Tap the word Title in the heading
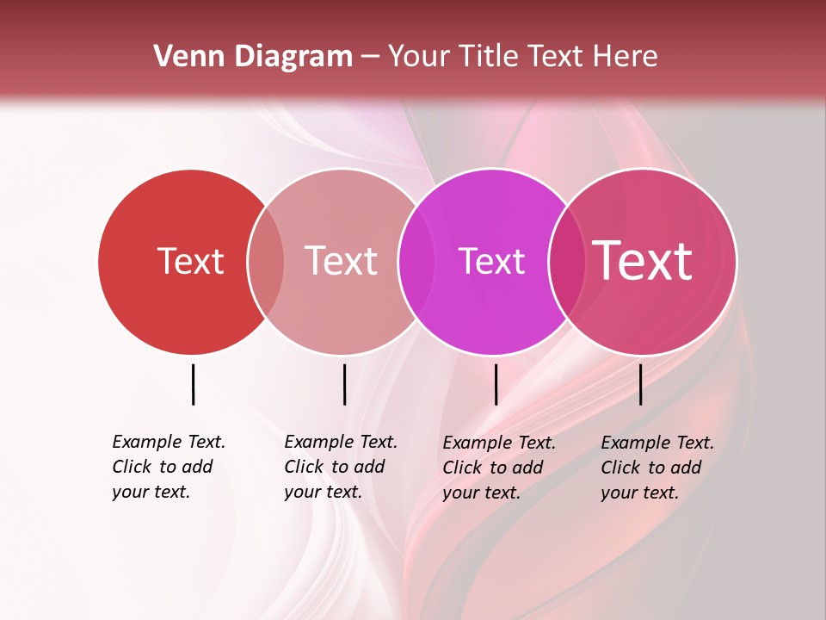pyautogui.click(x=489, y=57)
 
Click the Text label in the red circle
pyautogui.click(x=190, y=261)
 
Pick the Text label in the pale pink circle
pyautogui.click(x=341, y=261)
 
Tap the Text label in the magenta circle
pyautogui.click(x=491, y=261)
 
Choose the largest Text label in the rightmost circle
pyautogui.click(x=643, y=261)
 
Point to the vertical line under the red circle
pyautogui.click(x=193, y=384)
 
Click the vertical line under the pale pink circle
pyautogui.click(x=344, y=384)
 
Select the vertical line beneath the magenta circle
pyautogui.click(x=496, y=384)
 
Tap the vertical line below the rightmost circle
pyautogui.click(x=640, y=384)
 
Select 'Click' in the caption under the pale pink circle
pyautogui.click(x=304, y=467)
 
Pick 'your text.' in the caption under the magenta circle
pyautogui.click(x=481, y=493)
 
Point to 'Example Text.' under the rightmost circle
pyautogui.click(x=657, y=443)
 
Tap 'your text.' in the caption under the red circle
pyautogui.click(x=151, y=492)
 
